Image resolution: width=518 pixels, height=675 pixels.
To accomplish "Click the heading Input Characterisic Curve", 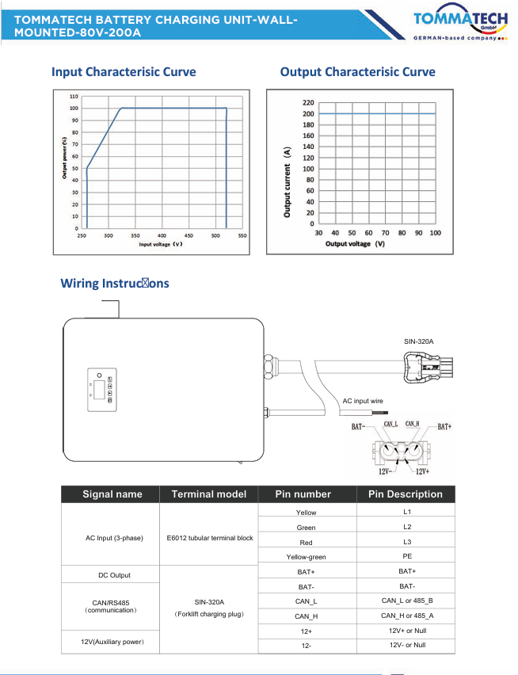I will click(124, 72).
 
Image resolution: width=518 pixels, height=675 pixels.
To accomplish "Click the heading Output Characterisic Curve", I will click(357, 72).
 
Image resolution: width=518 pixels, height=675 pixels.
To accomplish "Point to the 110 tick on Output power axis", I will click(73, 96).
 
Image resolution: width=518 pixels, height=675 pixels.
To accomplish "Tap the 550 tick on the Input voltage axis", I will click(242, 236).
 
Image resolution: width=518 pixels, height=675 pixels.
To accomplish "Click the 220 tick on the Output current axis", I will click(308, 103).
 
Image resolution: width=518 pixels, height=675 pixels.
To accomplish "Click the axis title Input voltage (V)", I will click(161, 244).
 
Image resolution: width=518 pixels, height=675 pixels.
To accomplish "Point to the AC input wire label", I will click(363, 402).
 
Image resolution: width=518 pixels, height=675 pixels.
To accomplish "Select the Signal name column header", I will click(112, 494).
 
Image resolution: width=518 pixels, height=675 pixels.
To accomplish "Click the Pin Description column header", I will click(406, 494).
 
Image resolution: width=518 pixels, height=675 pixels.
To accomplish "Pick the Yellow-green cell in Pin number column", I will click(306, 557).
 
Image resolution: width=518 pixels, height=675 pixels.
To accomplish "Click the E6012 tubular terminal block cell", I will click(210, 538).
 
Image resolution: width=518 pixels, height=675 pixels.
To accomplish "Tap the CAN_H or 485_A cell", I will click(407, 616).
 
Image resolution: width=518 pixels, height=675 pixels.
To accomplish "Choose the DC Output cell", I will click(112, 575).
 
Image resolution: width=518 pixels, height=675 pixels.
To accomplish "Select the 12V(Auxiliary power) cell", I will click(111, 640).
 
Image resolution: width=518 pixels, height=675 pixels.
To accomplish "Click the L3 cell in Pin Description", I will click(407, 542).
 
